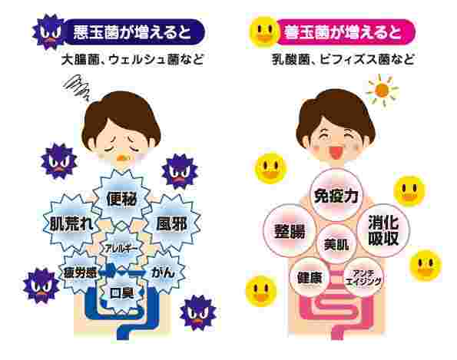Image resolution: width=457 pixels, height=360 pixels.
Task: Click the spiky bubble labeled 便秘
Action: click(121, 199)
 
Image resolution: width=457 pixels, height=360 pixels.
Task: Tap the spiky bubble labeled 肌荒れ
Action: click(71, 223)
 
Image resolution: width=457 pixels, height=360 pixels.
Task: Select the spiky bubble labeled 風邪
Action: click(172, 223)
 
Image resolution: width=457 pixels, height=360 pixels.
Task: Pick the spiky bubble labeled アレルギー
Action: click(122, 249)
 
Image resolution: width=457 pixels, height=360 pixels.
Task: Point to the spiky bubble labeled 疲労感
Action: click(80, 272)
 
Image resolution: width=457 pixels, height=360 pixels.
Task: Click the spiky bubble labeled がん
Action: click(163, 272)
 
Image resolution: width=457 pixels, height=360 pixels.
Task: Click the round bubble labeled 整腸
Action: click(290, 231)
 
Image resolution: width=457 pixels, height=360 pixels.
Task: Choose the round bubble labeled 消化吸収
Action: click(383, 230)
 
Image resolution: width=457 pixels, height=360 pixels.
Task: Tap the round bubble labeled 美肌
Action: click(336, 244)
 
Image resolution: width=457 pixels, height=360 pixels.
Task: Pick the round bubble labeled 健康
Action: click(310, 277)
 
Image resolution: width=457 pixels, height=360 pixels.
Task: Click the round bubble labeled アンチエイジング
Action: click(363, 277)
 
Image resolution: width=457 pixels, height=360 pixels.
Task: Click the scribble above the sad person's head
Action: click(77, 86)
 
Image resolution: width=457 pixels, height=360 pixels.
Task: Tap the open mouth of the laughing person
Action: click(336, 153)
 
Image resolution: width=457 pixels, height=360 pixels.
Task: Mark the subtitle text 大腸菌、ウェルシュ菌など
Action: click(133, 59)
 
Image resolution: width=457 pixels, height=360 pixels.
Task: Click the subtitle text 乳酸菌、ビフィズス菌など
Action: click(343, 59)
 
